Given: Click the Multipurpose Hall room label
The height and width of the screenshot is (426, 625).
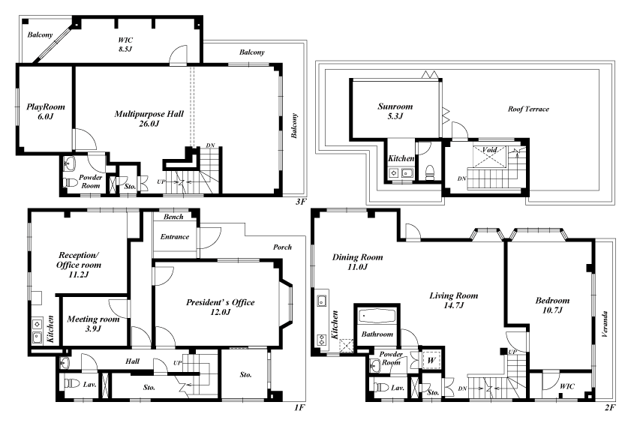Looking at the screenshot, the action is point(149,118).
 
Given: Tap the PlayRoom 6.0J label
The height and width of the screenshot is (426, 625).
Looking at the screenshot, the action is point(46,112).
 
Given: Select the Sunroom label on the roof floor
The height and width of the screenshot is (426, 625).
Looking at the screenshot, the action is point(395,111).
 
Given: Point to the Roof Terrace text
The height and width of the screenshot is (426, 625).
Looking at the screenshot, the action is point(528,109).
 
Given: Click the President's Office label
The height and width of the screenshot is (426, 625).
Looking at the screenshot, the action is point(220,307).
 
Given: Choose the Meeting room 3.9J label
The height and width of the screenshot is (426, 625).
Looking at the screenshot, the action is point(93,323).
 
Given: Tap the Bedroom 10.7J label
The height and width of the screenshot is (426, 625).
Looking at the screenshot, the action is point(552,304).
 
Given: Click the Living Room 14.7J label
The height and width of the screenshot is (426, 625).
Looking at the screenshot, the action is point(454,300).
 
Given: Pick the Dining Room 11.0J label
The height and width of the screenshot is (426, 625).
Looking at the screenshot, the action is point(358,262).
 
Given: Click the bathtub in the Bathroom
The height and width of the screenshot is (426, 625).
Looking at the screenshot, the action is point(377,316).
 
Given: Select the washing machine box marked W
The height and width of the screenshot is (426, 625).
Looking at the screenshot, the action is point(431,360).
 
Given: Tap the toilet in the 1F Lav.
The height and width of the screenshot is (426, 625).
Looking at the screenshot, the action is point(72,384).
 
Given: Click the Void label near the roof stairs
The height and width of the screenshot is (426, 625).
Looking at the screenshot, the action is point(489,150).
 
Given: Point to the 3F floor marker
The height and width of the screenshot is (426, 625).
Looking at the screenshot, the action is point(301,202).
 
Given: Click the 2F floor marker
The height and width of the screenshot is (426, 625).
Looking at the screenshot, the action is point(610,407).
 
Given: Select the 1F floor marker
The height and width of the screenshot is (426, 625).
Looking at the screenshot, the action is point(300,407).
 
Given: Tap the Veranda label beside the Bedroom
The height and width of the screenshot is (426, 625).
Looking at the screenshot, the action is point(605,325).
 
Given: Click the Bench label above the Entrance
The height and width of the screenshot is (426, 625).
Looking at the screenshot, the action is point(173,217).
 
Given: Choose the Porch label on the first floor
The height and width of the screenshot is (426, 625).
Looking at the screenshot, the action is point(282,247).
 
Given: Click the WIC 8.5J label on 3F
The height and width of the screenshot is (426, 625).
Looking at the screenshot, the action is point(125,44).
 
